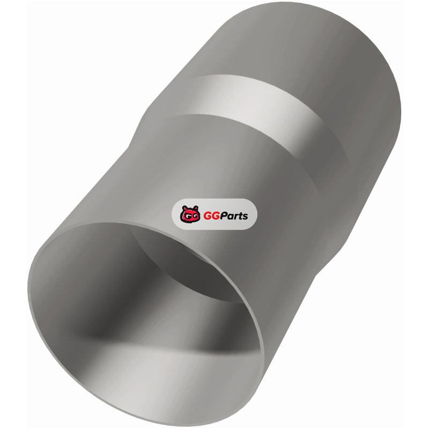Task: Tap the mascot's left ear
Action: (x=184, y=208)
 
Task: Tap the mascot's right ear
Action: (x=195, y=208)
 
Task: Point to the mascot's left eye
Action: (x=186, y=217)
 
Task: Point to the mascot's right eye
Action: (x=194, y=217)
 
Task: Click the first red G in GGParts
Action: (x=207, y=216)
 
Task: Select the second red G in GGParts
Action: (x=216, y=216)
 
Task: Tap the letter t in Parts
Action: (x=239, y=216)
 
